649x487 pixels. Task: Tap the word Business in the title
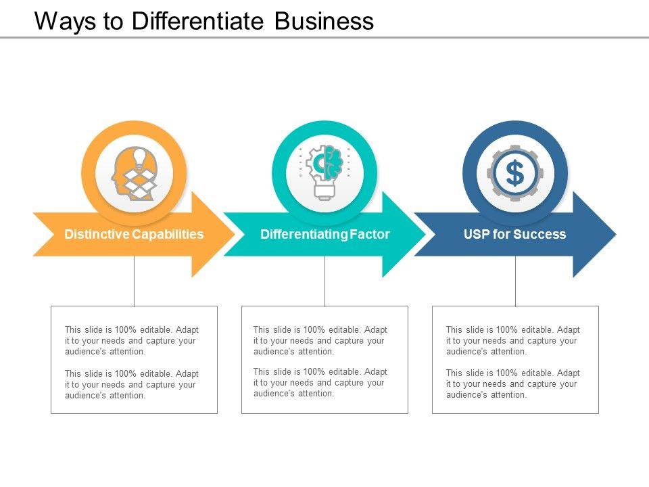click(324, 21)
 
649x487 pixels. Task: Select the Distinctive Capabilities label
click(134, 235)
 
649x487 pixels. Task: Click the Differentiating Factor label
click(325, 235)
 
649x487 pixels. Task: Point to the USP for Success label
click(515, 235)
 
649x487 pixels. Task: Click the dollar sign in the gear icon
click(515, 174)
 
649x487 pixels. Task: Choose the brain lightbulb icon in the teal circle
click(325, 172)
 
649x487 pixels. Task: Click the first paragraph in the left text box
click(132, 341)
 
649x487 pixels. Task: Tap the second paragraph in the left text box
click(132, 385)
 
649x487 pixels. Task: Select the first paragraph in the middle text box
click(320, 341)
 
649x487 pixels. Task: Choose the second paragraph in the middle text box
click(320, 382)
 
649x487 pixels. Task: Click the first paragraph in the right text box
click(513, 341)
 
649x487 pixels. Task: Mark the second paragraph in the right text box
click(513, 384)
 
